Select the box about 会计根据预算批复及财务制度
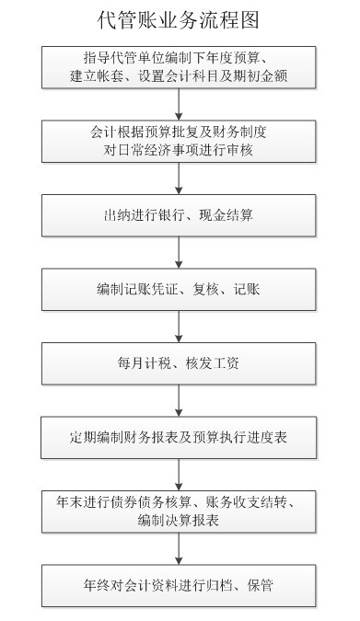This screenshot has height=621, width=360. coord(180,140)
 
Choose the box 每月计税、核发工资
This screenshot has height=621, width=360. coord(180,362)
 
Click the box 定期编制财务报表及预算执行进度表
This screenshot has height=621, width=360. coord(180,435)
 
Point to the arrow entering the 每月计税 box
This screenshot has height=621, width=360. coord(180,326)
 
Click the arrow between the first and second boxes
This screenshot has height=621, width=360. coord(180,103)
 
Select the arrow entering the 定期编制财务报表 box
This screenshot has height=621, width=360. coord(180,398)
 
